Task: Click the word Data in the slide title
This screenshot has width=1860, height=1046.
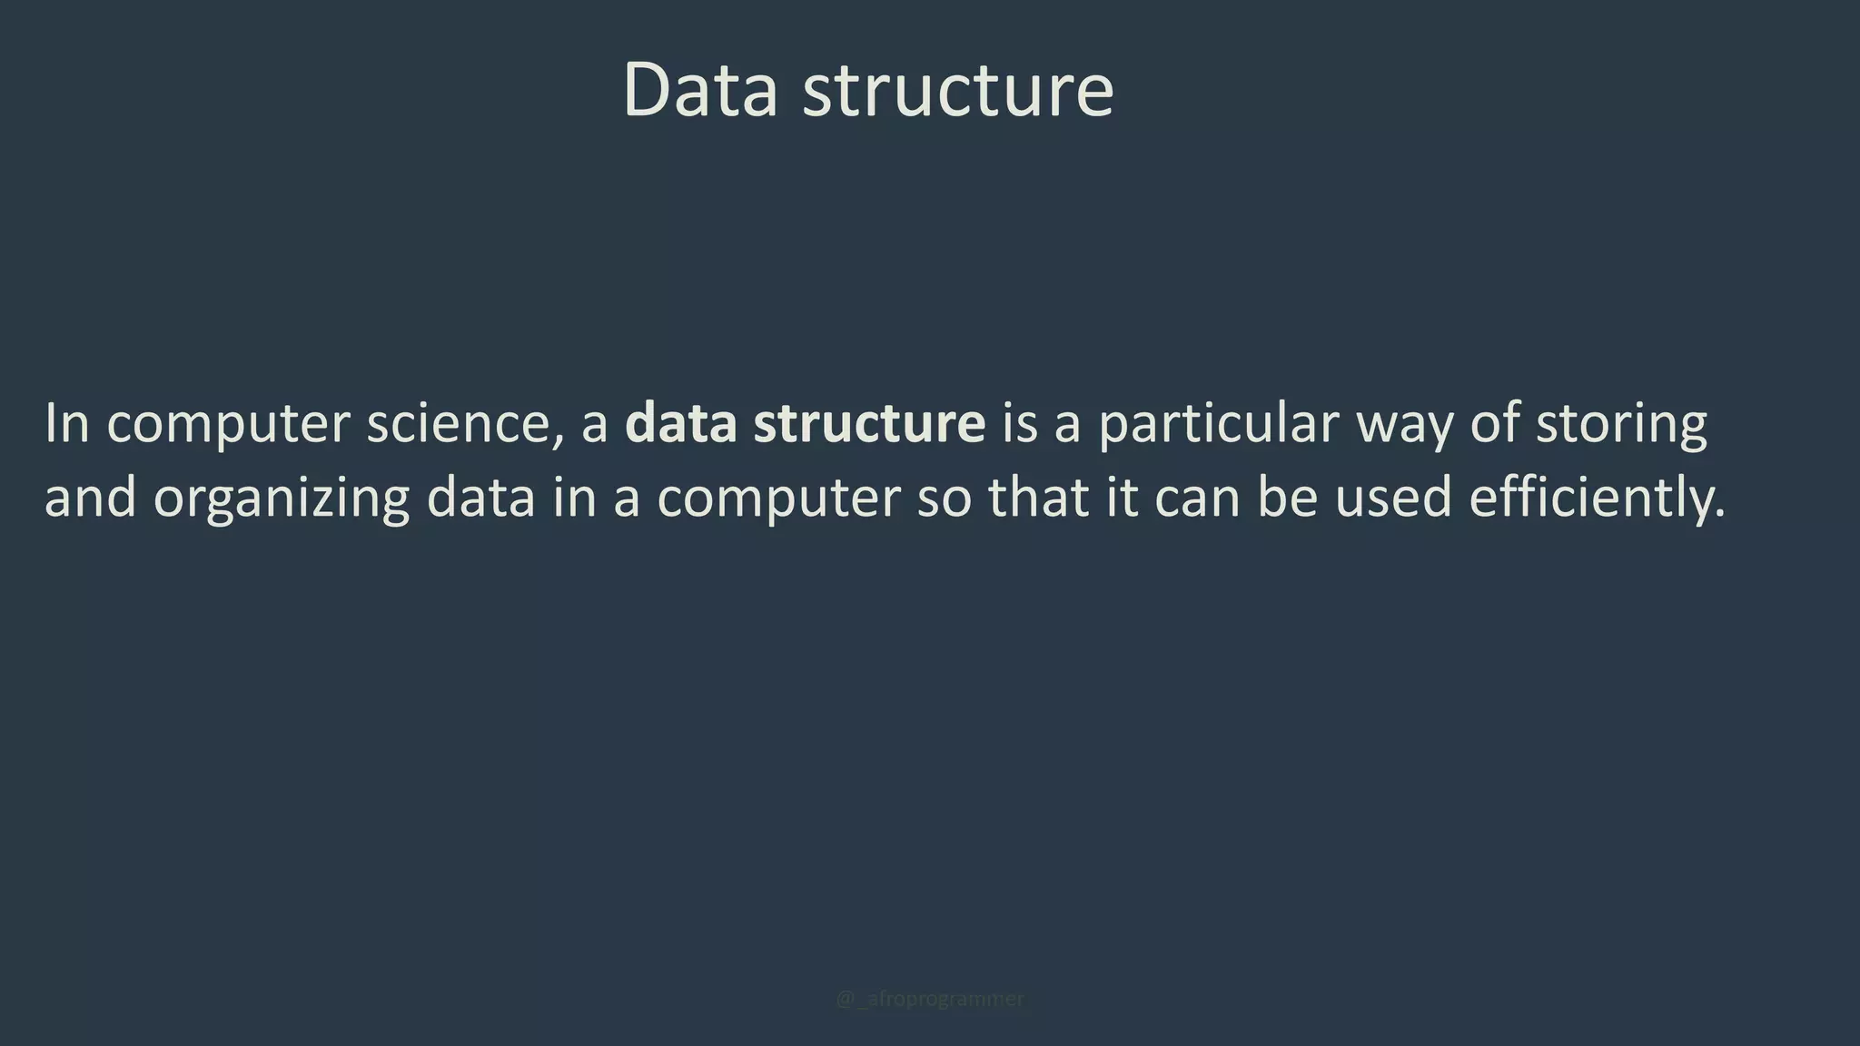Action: click(x=700, y=90)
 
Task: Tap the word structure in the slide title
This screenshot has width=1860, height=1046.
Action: click(x=957, y=92)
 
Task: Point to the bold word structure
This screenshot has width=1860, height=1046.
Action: click(x=869, y=423)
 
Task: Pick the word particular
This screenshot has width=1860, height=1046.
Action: click(x=1219, y=423)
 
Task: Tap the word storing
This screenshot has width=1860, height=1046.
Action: click(x=1621, y=425)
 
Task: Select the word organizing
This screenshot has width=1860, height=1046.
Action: click(x=281, y=499)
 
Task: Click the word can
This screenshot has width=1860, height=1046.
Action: click(x=1196, y=499)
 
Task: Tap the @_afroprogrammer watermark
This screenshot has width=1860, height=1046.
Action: click(x=929, y=999)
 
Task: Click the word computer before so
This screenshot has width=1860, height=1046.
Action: click(x=778, y=499)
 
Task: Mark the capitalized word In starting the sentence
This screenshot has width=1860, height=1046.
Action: click(x=67, y=423)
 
